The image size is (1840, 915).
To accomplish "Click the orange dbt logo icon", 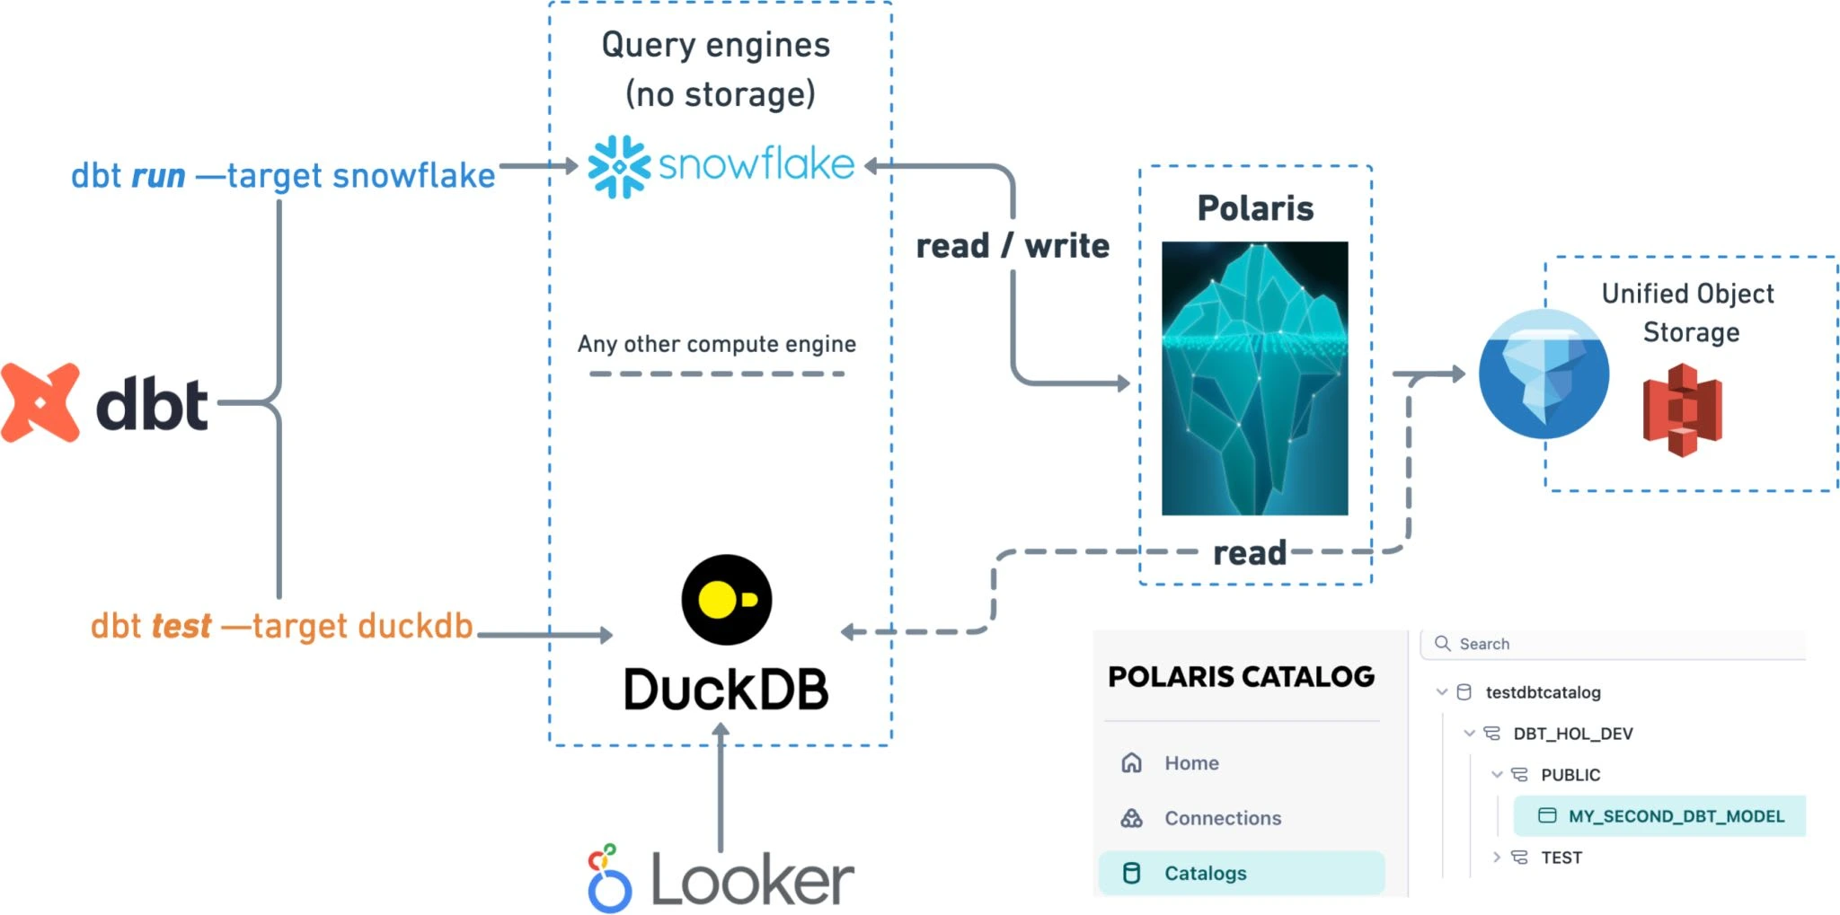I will (x=40, y=403).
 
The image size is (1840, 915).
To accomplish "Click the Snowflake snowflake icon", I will (x=619, y=166).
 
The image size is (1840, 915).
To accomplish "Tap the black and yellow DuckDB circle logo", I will (x=726, y=600).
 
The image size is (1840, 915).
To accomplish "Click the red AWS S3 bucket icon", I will (x=1682, y=410).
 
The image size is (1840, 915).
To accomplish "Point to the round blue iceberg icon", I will (x=1544, y=374).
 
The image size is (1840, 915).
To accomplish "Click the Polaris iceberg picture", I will (x=1254, y=378).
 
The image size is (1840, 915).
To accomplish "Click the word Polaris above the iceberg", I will (x=1255, y=208).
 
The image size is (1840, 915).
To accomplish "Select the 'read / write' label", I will (x=1013, y=246).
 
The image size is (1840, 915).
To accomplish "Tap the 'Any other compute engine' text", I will (x=716, y=344).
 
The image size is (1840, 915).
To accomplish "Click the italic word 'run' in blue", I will (x=158, y=176).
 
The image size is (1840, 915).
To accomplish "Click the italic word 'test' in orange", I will (x=181, y=626).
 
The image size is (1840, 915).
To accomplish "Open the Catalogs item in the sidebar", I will (x=1205, y=873).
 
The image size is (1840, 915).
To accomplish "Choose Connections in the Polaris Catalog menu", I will (x=1223, y=818).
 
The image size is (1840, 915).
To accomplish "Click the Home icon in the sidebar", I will (x=1132, y=763).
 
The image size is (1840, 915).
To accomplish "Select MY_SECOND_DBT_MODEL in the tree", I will (x=1676, y=816).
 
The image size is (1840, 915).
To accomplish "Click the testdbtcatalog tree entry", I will (x=1543, y=692).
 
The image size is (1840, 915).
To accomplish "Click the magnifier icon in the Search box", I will (x=1443, y=644).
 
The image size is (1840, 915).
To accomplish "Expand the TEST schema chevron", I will (x=1497, y=858).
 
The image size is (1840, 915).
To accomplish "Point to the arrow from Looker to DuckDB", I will (x=721, y=790).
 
